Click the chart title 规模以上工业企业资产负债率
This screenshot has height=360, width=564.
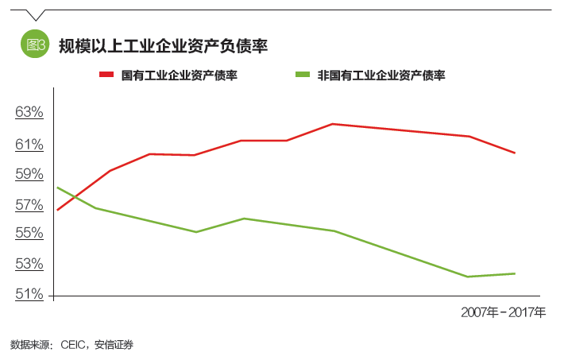click(x=162, y=46)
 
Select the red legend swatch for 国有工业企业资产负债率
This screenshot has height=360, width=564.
click(x=109, y=75)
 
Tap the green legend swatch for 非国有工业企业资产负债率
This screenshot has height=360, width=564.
click(x=303, y=75)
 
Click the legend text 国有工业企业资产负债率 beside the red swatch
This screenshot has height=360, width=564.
click(x=180, y=75)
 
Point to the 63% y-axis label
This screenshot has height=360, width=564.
click(x=29, y=112)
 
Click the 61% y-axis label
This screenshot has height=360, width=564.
click(x=29, y=144)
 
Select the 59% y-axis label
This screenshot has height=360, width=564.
click(x=29, y=174)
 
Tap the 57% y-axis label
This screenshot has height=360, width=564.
click(x=29, y=205)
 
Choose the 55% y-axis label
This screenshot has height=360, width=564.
click(x=29, y=234)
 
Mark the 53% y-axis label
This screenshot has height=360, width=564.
click(x=29, y=264)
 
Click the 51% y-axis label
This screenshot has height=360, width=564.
click(x=29, y=294)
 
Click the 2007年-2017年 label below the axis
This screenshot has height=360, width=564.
click(x=503, y=312)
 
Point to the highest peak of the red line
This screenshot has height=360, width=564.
click(x=332, y=124)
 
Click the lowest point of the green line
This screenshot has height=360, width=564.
click(x=469, y=277)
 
